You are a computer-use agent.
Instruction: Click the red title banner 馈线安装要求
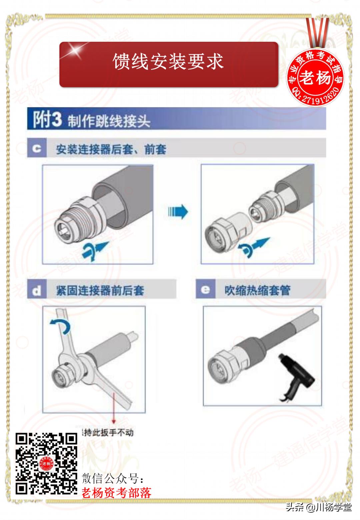(168, 63)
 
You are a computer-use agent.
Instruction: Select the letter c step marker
(37, 148)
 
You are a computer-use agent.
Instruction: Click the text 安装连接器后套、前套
(111, 149)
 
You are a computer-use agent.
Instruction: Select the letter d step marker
(36, 290)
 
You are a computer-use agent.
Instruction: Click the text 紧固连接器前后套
(100, 290)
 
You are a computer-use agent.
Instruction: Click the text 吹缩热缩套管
(257, 290)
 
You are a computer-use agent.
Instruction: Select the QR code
(47, 464)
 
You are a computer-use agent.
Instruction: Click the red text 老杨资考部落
(116, 493)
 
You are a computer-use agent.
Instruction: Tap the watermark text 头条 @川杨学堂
(318, 507)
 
